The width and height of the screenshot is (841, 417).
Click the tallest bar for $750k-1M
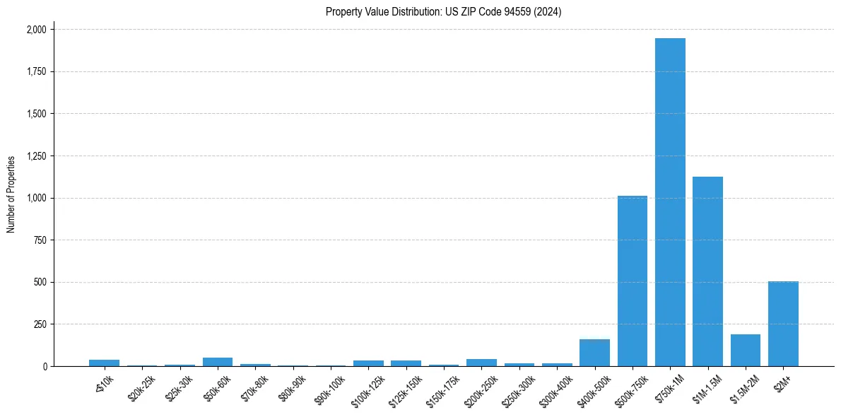pos(670,202)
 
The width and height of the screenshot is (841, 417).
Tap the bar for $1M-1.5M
pos(707,271)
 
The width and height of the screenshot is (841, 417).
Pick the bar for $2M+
pos(783,324)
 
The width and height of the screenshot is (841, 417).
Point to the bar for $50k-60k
pos(218,362)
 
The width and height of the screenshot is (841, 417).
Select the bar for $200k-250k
pos(481,363)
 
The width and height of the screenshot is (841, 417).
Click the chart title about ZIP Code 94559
pos(444,12)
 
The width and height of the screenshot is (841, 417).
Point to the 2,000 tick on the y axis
pos(36,30)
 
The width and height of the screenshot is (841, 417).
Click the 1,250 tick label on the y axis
pos(36,156)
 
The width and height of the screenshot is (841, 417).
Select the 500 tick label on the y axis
pos(40,282)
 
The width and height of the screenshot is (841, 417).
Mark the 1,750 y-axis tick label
pos(36,72)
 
